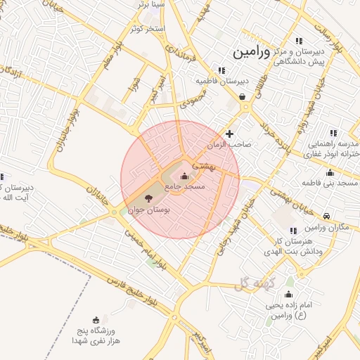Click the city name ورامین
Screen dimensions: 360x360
coord(250,51)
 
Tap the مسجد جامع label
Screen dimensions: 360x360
coord(185,188)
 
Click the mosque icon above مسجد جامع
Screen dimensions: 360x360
coord(185,176)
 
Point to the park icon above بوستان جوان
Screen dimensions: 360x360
coord(147,199)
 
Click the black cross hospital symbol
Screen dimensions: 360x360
coord(229,134)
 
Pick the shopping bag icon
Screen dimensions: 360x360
coord(243,97)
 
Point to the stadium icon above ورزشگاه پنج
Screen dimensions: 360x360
coord(96,320)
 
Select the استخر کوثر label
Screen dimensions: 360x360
coord(147,29)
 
